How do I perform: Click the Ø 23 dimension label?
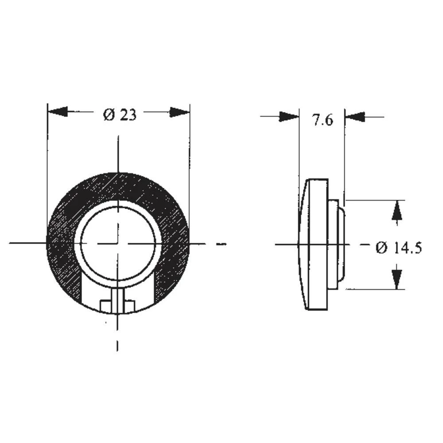(120, 115)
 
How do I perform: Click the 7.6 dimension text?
(322, 120)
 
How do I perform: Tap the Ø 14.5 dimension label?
(398, 248)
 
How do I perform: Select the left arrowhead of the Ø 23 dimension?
(58, 112)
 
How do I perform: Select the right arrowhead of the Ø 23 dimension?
(179, 112)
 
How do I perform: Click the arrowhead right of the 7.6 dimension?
(355, 117)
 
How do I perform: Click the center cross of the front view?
(118, 243)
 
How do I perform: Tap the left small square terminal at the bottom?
(106, 306)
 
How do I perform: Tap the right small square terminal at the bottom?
(130, 306)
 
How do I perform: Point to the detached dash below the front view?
(117, 345)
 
